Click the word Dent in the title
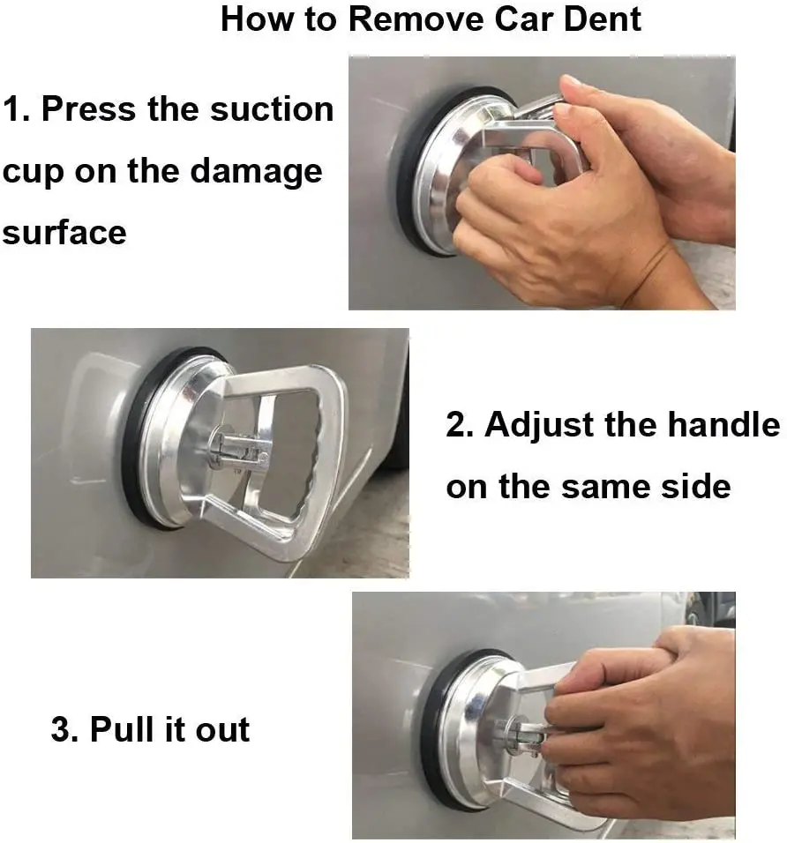coord(603,19)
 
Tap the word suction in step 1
coord(272,109)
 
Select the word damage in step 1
coord(256,172)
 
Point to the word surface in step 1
coord(64,234)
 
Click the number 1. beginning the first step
coord(17,109)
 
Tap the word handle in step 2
coord(724,425)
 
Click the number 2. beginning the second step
coord(460,425)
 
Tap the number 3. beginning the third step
coord(64,729)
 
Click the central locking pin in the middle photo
coord(241,447)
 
